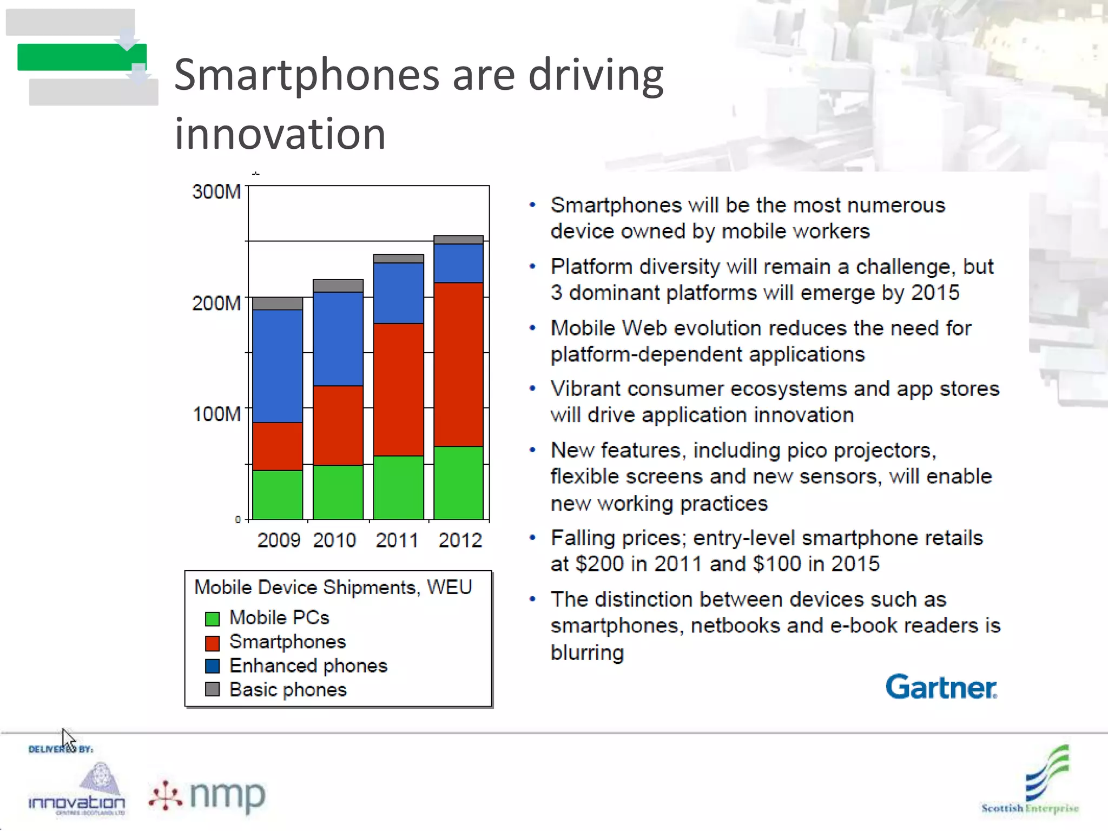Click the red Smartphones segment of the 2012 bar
[x=458, y=364]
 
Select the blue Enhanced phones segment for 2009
[x=278, y=366]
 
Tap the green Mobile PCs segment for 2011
[x=398, y=487]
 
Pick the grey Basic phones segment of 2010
[x=338, y=286]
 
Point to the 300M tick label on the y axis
[x=216, y=192]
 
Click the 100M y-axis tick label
[x=216, y=414]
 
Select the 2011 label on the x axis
[x=397, y=540]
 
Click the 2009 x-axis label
[x=279, y=540]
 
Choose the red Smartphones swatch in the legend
[x=212, y=643]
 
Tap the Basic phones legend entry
[x=287, y=690]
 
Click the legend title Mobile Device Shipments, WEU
[x=333, y=587]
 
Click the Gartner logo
[x=941, y=687]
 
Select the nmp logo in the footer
[x=208, y=796]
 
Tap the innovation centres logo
[x=77, y=790]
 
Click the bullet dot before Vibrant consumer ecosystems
[x=532, y=388]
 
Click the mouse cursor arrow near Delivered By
[x=68, y=739]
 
